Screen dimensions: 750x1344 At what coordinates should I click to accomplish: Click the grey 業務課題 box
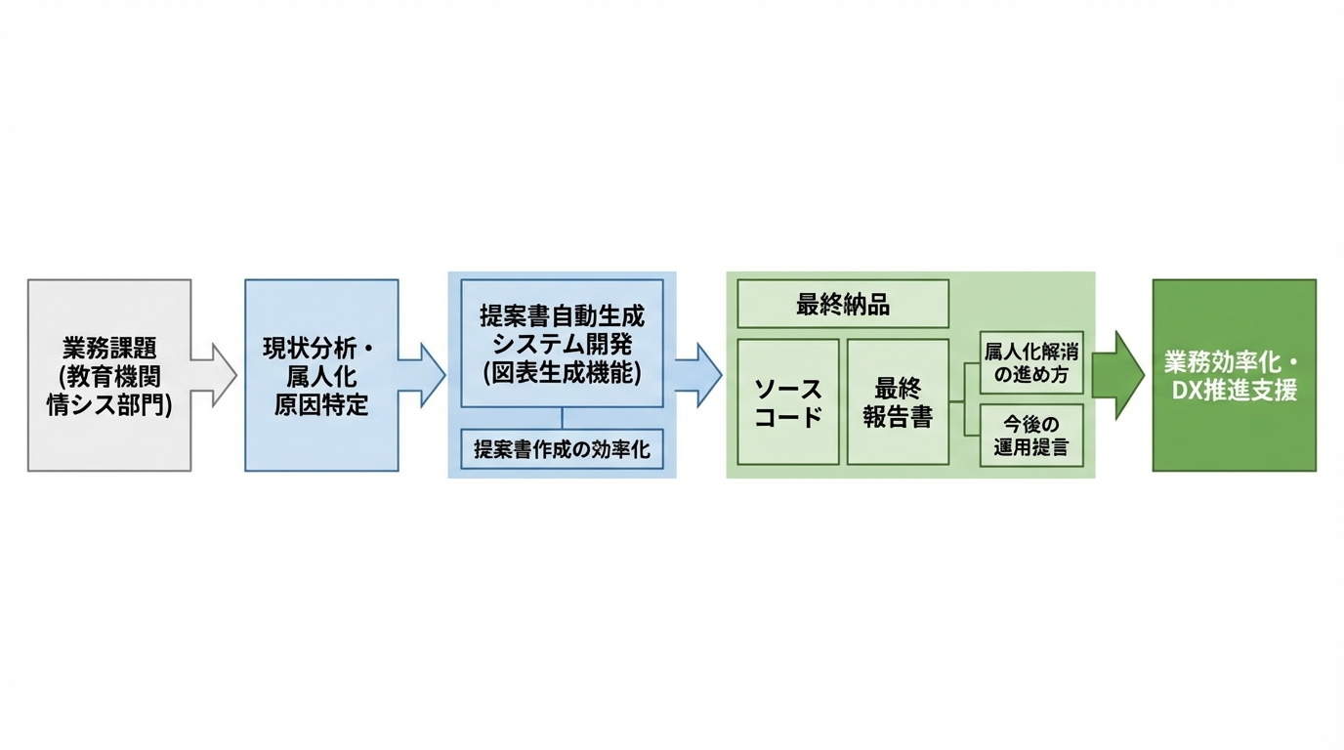coord(109,375)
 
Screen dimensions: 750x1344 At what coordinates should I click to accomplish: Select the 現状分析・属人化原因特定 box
coord(321,375)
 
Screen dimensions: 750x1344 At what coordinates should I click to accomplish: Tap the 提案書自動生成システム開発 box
coord(562,343)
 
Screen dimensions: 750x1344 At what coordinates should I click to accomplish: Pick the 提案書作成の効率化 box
coord(562,449)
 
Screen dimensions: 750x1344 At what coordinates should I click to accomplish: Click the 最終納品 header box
coord(843,304)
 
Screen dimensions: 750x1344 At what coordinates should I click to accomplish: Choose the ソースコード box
coord(788,402)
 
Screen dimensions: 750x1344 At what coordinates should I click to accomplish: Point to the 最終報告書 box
coord(898,402)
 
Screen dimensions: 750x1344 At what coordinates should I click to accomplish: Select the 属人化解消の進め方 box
coord(1031,362)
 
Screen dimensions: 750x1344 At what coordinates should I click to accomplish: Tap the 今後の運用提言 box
coord(1031,436)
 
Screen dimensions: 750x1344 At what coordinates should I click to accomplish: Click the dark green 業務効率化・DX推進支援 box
coord(1234,375)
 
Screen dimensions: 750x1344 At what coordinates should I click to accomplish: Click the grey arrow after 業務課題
coord(216,375)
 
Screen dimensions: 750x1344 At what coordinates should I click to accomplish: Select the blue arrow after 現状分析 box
coord(423,375)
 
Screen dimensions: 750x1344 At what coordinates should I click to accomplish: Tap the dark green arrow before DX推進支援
coord(1119,375)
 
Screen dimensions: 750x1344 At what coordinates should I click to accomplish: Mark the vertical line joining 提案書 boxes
coord(562,418)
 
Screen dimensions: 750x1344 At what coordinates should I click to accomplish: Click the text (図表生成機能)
coord(562,372)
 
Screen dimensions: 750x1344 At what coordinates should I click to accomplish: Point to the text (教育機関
coord(109,376)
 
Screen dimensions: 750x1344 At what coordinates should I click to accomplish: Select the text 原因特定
coord(321,404)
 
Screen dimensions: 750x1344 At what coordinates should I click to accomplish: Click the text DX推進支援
coord(1234,391)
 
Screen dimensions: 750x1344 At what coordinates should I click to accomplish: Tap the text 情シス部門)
coord(109,404)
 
